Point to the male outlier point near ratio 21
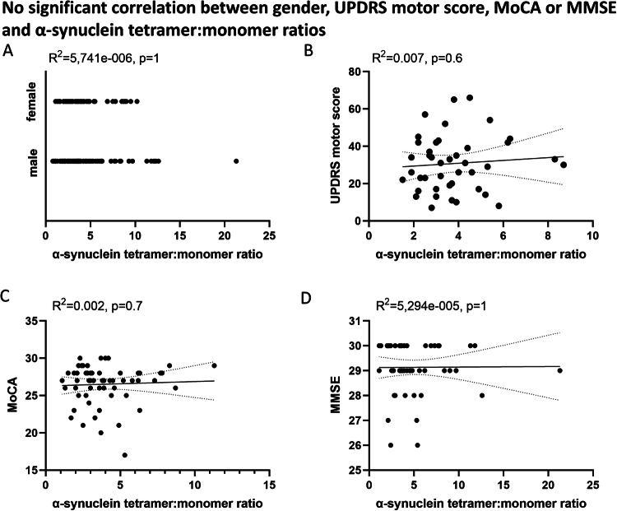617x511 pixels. pyautogui.click(x=236, y=161)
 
